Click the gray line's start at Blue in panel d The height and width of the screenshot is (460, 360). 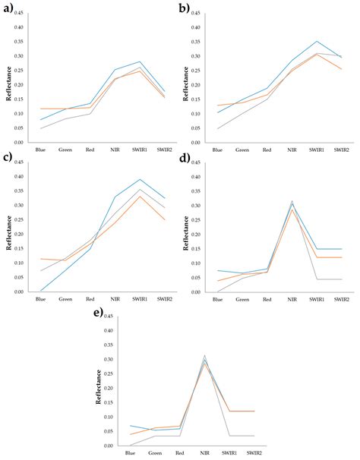tap(217, 291)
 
